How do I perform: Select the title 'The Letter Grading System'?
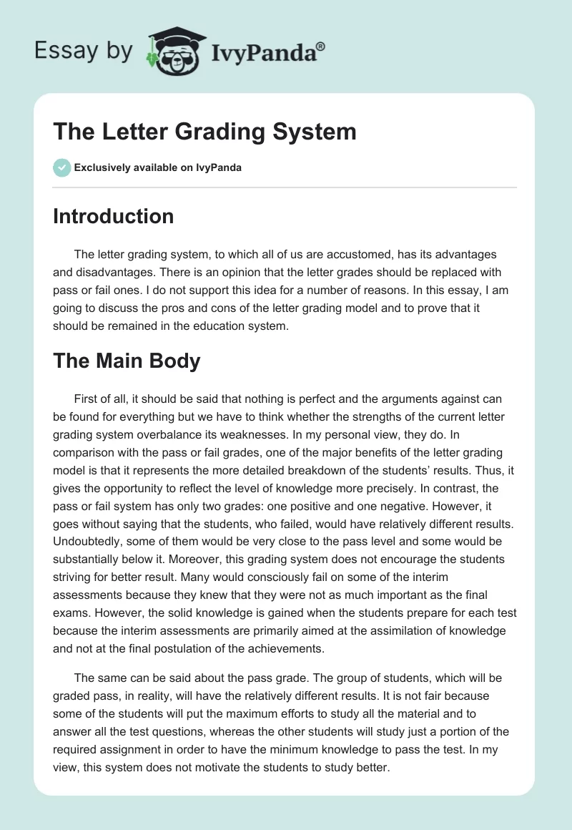pos(204,132)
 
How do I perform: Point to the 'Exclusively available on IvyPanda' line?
pos(157,168)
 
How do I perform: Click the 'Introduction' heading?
pos(113,216)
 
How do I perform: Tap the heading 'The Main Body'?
pos(127,361)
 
